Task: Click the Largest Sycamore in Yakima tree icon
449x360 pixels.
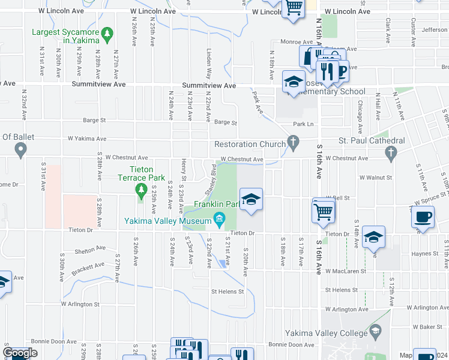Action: pos(107,34)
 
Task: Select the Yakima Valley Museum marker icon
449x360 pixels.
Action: pos(219,220)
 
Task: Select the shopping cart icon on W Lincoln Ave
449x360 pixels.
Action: pos(294,8)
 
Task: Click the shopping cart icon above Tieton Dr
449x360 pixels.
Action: pos(324,210)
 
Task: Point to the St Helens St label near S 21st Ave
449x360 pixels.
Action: pos(227,292)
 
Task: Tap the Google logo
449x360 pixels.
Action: pos(20,353)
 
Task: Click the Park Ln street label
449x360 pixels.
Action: pos(303,124)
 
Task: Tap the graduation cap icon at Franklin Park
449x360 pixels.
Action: pos(251,199)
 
